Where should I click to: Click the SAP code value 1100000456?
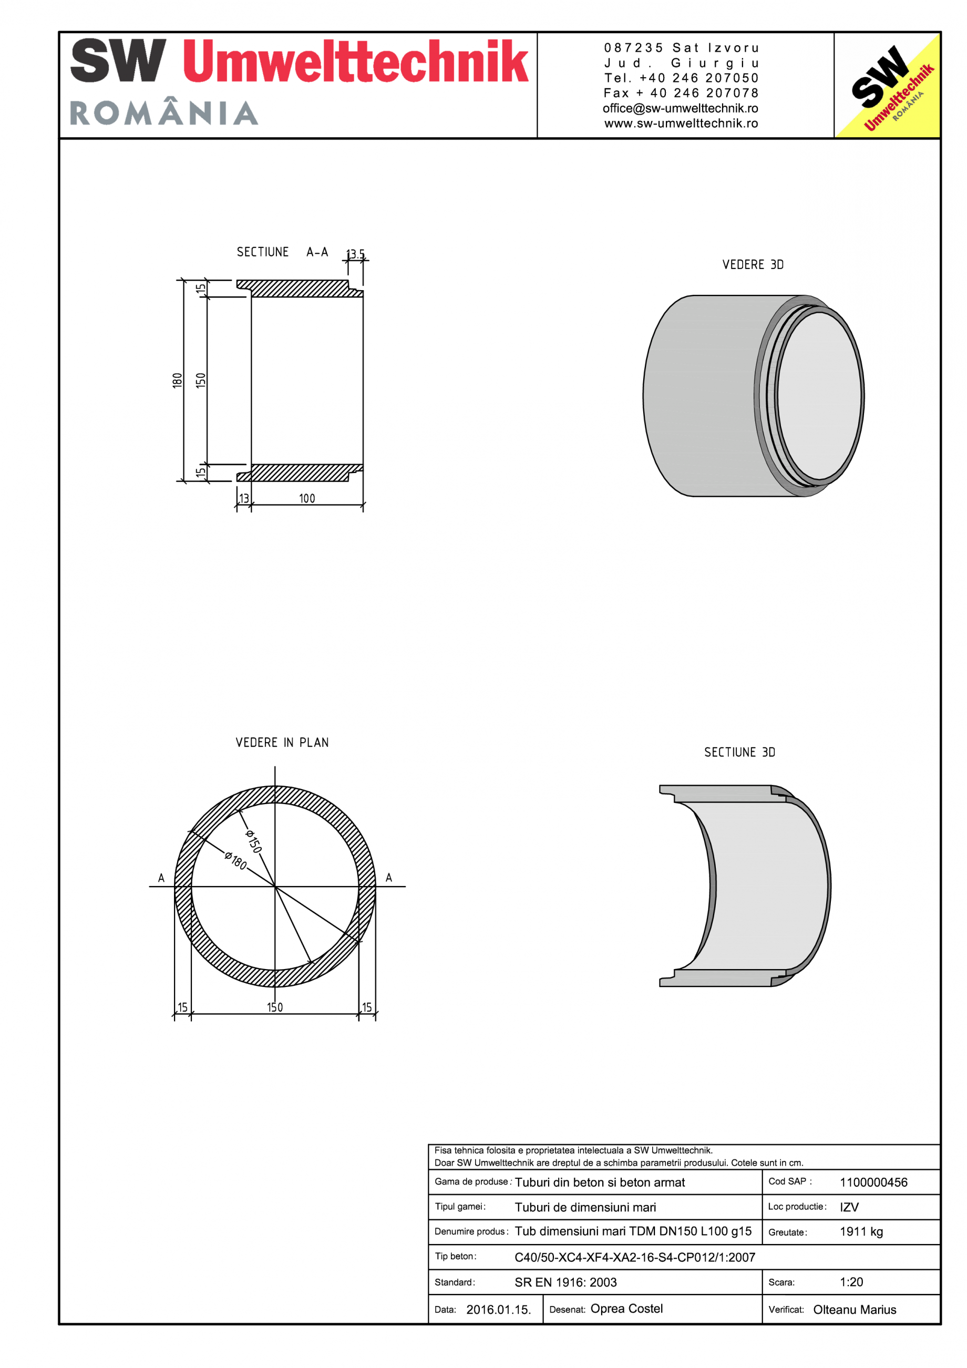point(873,1182)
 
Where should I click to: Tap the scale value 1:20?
point(851,1282)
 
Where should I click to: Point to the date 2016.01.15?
point(498,1310)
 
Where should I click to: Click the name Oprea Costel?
point(626,1309)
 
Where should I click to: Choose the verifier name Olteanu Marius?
point(854,1310)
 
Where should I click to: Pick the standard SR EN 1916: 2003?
point(565,1282)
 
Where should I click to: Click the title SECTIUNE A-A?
point(282,252)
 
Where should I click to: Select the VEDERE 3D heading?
point(753,264)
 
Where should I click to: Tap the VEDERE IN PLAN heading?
point(282,743)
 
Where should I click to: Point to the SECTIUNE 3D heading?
point(739,753)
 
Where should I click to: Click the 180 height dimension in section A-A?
point(177,380)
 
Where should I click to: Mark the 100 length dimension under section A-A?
point(307,498)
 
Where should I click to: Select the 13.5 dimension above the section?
point(356,254)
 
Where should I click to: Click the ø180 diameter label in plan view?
point(235,860)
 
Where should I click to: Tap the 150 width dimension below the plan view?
point(275,1007)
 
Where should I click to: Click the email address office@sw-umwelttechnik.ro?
point(680,108)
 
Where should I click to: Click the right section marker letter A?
point(388,878)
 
